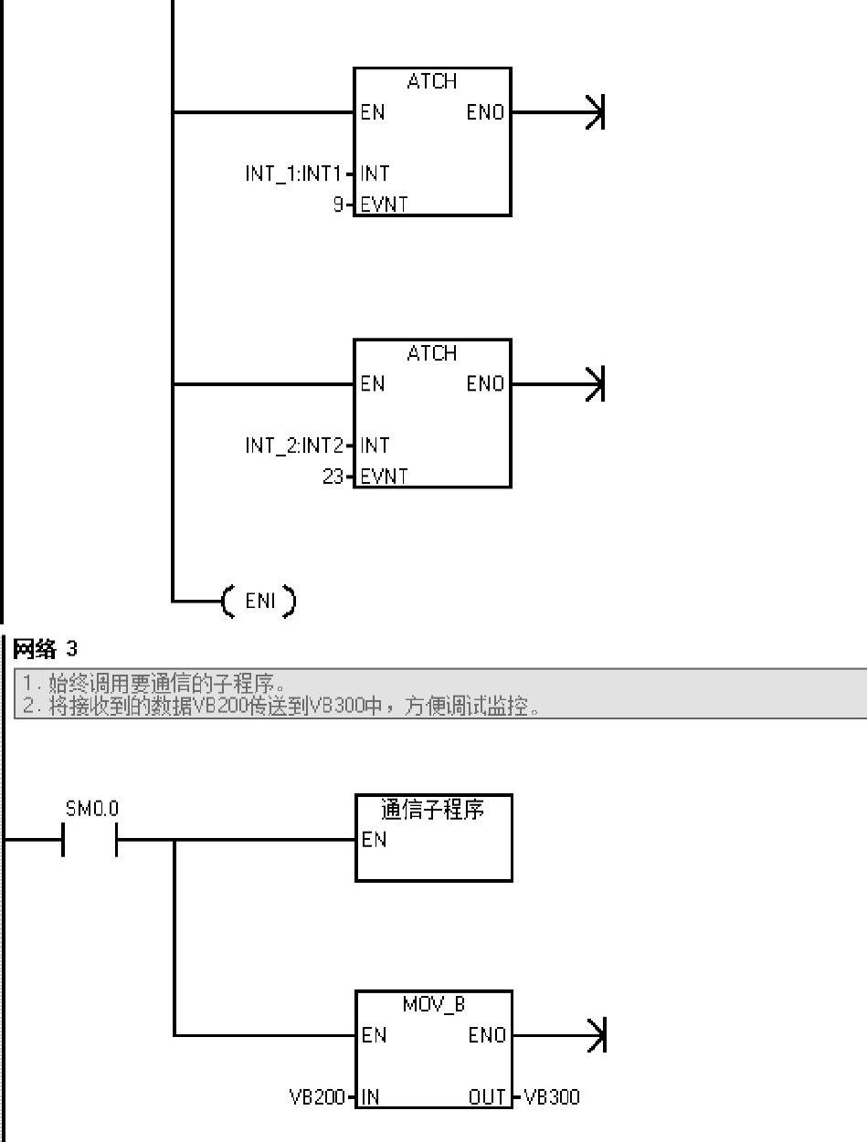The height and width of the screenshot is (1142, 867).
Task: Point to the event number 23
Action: point(333,477)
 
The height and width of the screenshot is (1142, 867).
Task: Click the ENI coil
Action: point(259,602)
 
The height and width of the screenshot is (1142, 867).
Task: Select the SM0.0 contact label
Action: point(92,809)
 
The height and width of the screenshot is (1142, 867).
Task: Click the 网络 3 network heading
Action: point(46,649)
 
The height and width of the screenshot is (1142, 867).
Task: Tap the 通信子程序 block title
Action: point(432,810)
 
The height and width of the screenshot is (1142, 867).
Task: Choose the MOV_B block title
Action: point(434,1004)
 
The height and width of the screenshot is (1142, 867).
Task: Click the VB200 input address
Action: point(317,1096)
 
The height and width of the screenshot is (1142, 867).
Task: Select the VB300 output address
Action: point(552,1096)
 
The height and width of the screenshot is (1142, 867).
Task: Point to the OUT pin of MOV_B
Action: point(488,1096)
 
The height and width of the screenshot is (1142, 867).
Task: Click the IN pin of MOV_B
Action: point(370,1096)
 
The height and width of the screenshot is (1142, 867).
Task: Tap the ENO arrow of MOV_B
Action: point(597,1035)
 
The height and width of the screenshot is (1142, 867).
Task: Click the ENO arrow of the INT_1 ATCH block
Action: point(596,112)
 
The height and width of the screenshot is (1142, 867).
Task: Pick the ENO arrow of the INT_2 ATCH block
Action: point(596,384)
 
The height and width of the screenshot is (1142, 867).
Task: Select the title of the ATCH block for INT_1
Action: point(431,81)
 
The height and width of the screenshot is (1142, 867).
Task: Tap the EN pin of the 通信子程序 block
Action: point(374,840)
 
